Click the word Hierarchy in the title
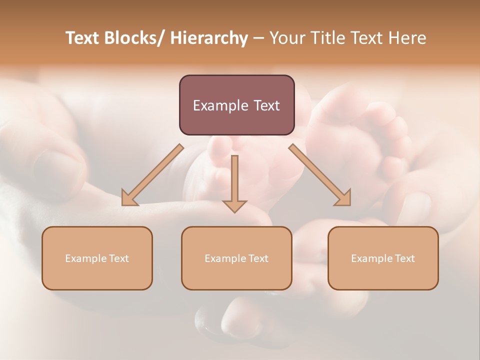[209, 38]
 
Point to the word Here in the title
[408, 38]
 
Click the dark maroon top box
[236, 105]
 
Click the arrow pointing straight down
[234, 182]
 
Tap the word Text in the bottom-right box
[405, 258]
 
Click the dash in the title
[258, 38]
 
